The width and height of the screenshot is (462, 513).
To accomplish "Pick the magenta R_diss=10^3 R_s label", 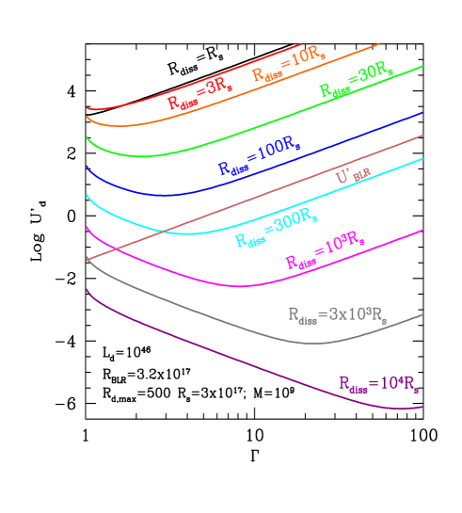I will (325, 254).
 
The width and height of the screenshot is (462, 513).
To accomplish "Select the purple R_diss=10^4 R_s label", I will (378, 384).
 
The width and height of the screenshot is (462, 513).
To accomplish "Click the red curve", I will (141, 101).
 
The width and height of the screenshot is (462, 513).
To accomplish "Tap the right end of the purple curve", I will (422, 407).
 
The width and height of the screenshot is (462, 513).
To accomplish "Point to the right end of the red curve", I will (300, 44).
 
